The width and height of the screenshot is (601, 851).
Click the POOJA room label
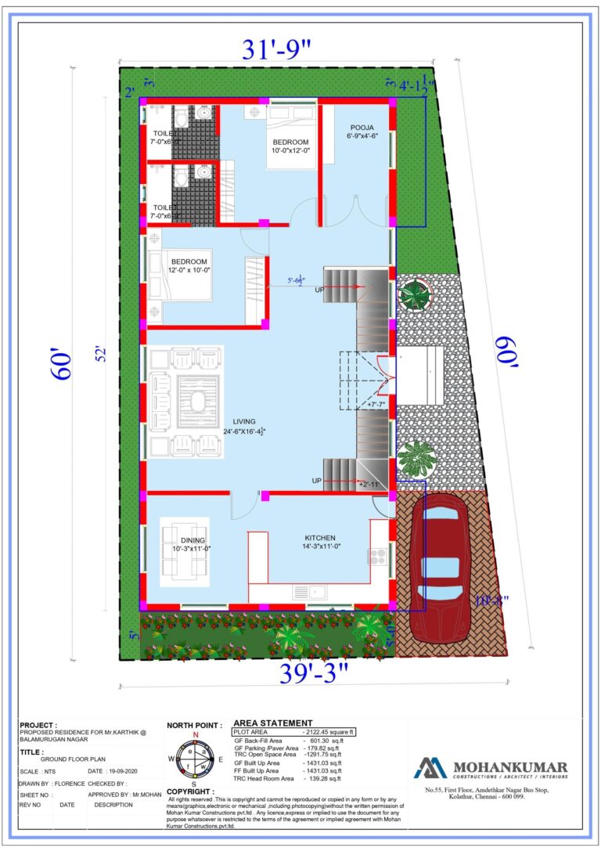pyautogui.click(x=362, y=127)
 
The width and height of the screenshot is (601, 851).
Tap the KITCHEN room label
pyautogui.click(x=320, y=538)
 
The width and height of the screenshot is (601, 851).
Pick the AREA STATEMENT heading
pyautogui.click(x=273, y=723)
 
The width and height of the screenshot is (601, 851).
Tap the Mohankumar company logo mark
pyautogui.click(x=430, y=767)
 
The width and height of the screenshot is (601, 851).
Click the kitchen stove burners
pyautogui.click(x=378, y=557)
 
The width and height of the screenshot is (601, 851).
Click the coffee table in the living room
pyautogui.click(x=191, y=402)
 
